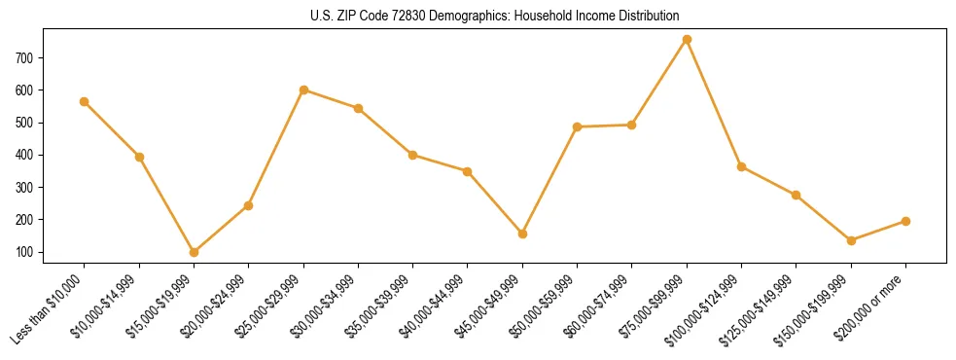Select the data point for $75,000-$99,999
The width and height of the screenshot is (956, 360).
687,39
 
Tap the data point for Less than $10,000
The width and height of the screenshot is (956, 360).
85,101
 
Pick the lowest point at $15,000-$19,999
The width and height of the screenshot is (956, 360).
194,252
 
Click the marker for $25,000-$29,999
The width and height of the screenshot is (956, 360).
303,90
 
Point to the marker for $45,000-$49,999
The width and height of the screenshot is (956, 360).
522,234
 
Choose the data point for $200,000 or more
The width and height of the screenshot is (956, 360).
905,221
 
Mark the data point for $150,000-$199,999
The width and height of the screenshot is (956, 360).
851,240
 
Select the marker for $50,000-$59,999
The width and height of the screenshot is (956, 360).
578,126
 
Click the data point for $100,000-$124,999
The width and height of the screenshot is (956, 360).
741,166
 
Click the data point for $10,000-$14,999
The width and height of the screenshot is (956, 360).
139,157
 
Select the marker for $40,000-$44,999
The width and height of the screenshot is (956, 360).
468,171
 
